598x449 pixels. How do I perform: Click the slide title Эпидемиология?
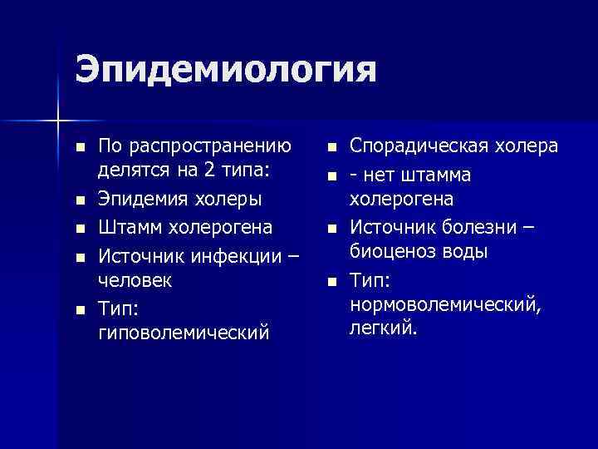225,70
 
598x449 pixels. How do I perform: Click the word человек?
136,280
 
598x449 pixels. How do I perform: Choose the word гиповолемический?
184,333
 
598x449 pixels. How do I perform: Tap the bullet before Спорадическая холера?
331,148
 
